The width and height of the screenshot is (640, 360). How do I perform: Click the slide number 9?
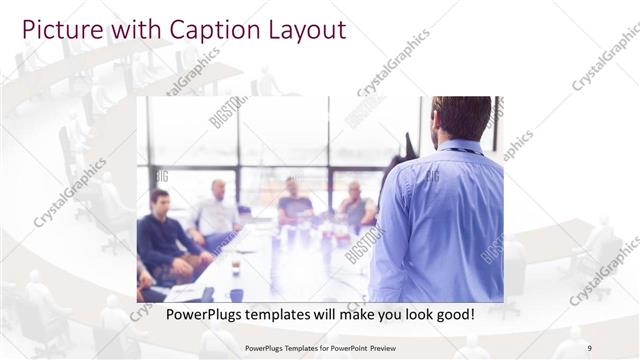[590, 348]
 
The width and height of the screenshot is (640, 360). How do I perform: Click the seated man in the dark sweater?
[159, 235]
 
